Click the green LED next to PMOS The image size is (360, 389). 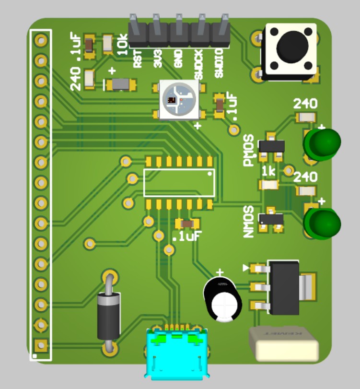322,143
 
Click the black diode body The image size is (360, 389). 109,317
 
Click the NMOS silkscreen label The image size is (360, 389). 248,222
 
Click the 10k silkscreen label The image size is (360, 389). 123,44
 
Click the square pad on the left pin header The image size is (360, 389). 41,345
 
